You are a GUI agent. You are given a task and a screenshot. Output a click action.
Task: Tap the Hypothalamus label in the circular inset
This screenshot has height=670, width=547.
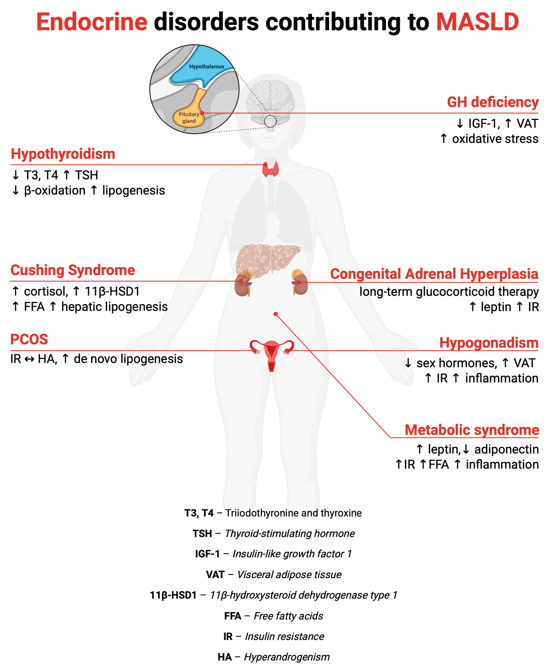pyautogui.click(x=206, y=66)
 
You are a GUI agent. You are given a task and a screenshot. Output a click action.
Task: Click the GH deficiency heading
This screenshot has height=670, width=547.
pyautogui.click(x=492, y=102)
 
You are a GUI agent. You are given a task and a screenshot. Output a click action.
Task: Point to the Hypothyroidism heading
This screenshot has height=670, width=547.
pyautogui.click(x=63, y=154)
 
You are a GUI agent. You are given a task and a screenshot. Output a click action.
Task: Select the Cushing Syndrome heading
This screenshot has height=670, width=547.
pyautogui.click(x=73, y=270)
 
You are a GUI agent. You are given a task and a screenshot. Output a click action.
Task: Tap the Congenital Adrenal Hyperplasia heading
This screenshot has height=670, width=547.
pyautogui.click(x=434, y=274)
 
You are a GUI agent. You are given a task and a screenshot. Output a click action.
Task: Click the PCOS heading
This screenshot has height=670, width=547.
pyautogui.click(x=29, y=339)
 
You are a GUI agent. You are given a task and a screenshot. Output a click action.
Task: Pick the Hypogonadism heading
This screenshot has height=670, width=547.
pyautogui.click(x=489, y=343)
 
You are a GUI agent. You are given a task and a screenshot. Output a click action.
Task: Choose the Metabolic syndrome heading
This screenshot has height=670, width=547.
pyautogui.click(x=472, y=430)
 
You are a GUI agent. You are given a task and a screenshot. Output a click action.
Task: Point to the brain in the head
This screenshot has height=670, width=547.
pyautogui.click(x=270, y=98)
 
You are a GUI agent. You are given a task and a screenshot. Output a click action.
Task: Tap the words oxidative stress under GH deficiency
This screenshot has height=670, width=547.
pyautogui.click(x=495, y=139)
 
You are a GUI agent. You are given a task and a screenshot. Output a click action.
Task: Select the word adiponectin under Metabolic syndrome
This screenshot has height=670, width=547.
pyautogui.click(x=506, y=449)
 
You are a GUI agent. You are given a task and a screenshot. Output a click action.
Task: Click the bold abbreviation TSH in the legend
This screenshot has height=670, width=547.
pyautogui.click(x=202, y=534)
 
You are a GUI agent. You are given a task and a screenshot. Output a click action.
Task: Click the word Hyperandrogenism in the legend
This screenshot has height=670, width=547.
pyautogui.click(x=287, y=657)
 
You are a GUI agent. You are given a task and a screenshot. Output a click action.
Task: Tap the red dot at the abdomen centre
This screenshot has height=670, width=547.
pyautogui.click(x=276, y=314)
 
